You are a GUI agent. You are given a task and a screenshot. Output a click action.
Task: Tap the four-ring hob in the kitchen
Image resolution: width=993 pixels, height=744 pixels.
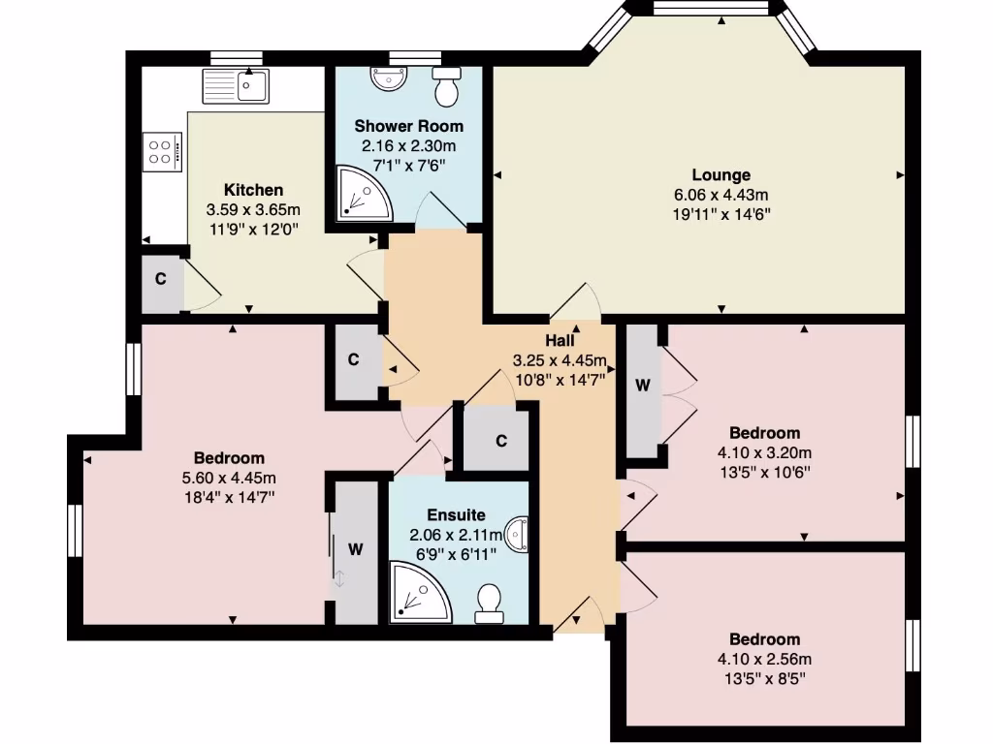pos(161,152)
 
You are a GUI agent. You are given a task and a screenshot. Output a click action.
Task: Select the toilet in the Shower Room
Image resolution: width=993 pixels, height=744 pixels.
pos(447,88)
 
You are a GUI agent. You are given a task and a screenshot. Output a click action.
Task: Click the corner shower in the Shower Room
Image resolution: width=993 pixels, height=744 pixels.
pos(362,193)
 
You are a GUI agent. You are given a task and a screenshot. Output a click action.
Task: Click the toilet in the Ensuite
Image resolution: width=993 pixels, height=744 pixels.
pos(488,603)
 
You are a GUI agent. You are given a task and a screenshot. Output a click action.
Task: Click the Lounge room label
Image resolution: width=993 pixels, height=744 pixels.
pos(721,175)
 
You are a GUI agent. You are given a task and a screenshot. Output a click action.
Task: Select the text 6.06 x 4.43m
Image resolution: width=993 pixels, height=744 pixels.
pos(721,195)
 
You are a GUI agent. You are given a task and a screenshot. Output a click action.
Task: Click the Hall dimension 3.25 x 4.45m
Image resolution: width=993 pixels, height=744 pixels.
pos(560,360)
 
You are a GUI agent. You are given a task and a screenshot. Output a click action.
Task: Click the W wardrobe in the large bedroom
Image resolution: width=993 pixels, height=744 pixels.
pos(355,549)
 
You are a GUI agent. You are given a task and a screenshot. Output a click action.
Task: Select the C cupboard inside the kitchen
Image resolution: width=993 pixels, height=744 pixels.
pos(161,279)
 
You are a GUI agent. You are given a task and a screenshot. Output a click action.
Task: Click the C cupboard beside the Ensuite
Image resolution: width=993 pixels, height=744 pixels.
pos(500,441)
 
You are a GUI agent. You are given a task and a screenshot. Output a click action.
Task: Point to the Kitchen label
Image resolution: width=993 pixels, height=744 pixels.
pos(253,190)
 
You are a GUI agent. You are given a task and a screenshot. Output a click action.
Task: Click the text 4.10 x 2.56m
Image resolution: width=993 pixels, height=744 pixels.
pos(765,659)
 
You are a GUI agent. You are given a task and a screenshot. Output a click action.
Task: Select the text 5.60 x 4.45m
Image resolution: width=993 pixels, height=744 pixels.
pos(229,478)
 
